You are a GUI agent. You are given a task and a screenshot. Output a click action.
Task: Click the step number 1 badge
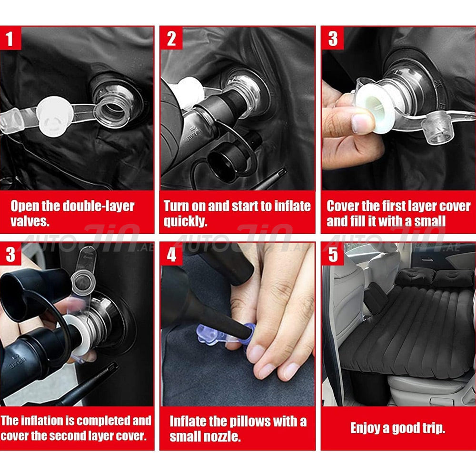(x=10, y=38)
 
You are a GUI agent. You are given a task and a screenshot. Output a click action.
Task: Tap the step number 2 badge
(x=171, y=38)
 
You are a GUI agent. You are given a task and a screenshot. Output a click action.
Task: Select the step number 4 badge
(x=171, y=254)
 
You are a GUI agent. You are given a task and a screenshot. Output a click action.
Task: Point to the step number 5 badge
(x=333, y=254)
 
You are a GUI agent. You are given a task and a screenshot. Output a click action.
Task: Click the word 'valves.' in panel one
(x=30, y=221)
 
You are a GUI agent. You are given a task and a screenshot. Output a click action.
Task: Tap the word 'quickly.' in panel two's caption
(x=185, y=221)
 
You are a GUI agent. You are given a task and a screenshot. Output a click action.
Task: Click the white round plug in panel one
(x=55, y=117)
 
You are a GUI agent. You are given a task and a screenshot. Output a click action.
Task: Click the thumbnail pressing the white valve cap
(x=363, y=124)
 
